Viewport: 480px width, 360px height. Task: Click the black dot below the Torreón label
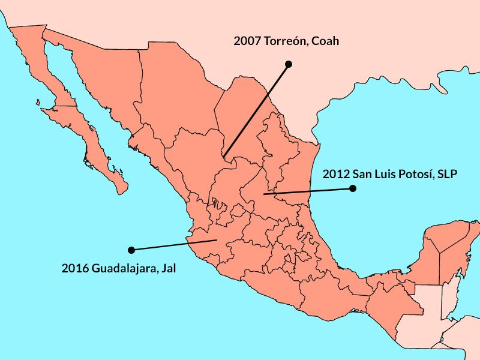tap(288, 64)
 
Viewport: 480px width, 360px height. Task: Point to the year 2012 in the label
tap(335, 175)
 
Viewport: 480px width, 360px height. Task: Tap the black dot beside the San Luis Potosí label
tap(353, 188)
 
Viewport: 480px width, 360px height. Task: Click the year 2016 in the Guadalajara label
tap(75, 268)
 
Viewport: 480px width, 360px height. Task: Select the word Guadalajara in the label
tap(125, 268)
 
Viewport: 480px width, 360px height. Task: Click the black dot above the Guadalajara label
tap(131, 249)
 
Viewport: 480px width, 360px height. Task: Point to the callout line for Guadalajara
tap(173, 245)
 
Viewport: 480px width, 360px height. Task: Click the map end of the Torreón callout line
tap(224, 157)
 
